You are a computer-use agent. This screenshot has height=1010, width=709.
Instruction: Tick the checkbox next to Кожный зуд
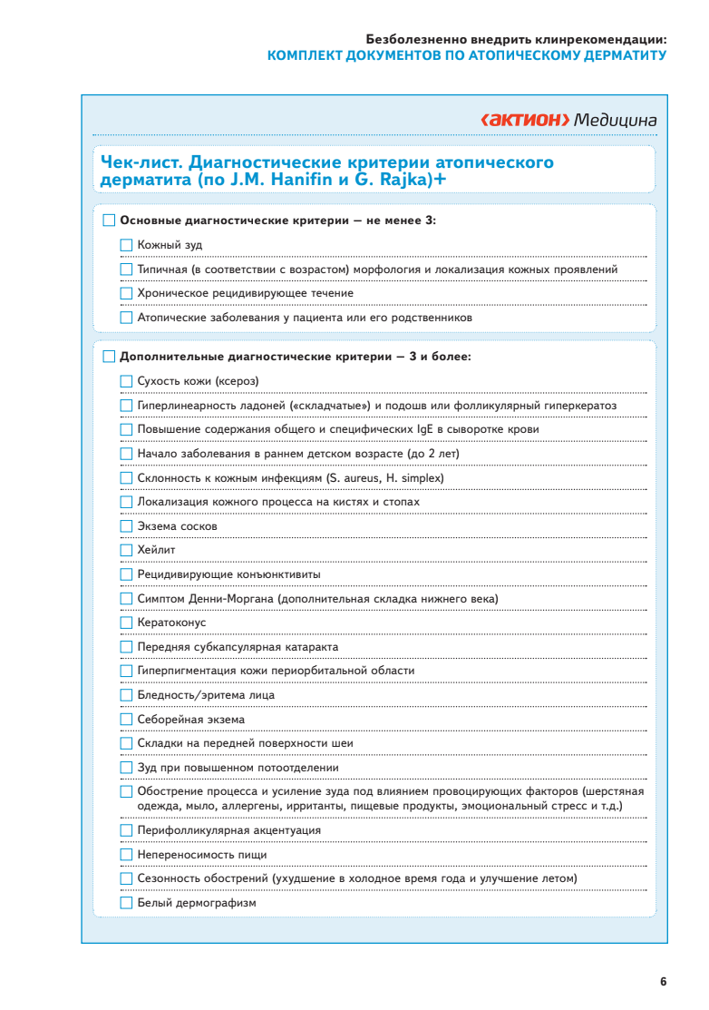tap(126, 245)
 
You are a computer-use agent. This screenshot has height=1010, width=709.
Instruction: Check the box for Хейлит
tap(126, 550)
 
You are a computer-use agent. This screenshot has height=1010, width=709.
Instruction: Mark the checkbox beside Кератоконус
tap(126, 623)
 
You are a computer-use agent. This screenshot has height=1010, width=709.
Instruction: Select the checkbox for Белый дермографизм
tap(126, 903)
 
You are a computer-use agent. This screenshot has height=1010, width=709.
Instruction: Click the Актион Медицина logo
tap(568, 120)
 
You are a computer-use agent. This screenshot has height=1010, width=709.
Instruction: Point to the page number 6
tap(664, 981)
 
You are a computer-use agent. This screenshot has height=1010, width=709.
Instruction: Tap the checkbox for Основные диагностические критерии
tap(110, 221)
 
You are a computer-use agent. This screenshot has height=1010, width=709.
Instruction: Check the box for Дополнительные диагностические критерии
tap(110, 357)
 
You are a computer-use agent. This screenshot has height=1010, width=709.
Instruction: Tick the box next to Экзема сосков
tap(126, 526)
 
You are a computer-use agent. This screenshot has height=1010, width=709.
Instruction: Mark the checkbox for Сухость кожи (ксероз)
tap(126, 381)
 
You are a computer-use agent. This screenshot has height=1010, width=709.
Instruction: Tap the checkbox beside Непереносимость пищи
tap(126, 855)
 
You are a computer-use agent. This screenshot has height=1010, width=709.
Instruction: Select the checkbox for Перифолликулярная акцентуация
tap(126, 830)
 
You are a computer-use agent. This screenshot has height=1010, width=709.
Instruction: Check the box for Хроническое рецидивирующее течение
tap(126, 293)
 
